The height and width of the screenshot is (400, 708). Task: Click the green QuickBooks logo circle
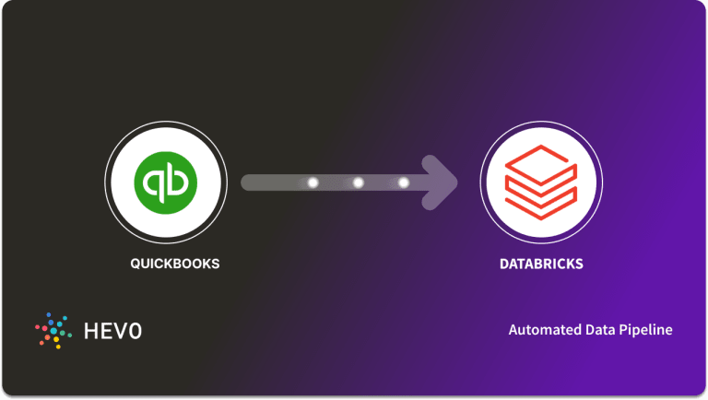tap(166, 182)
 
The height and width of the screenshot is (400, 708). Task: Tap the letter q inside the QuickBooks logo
tap(154, 182)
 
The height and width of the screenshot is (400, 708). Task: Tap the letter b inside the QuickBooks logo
tap(178, 182)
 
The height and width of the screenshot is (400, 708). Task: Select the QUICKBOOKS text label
tap(175, 264)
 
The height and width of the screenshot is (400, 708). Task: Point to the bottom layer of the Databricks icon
tap(541, 200)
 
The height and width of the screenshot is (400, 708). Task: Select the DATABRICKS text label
tap(541, 264)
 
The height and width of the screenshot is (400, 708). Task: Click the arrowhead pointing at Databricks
tap(442, 182)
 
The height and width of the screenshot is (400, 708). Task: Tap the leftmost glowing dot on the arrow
tap(313, 182)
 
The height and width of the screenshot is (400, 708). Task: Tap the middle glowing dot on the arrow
tap(358, 182)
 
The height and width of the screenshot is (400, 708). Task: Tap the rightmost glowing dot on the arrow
tap(403, 182)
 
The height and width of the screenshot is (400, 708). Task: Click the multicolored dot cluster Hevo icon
tap(53, 329)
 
